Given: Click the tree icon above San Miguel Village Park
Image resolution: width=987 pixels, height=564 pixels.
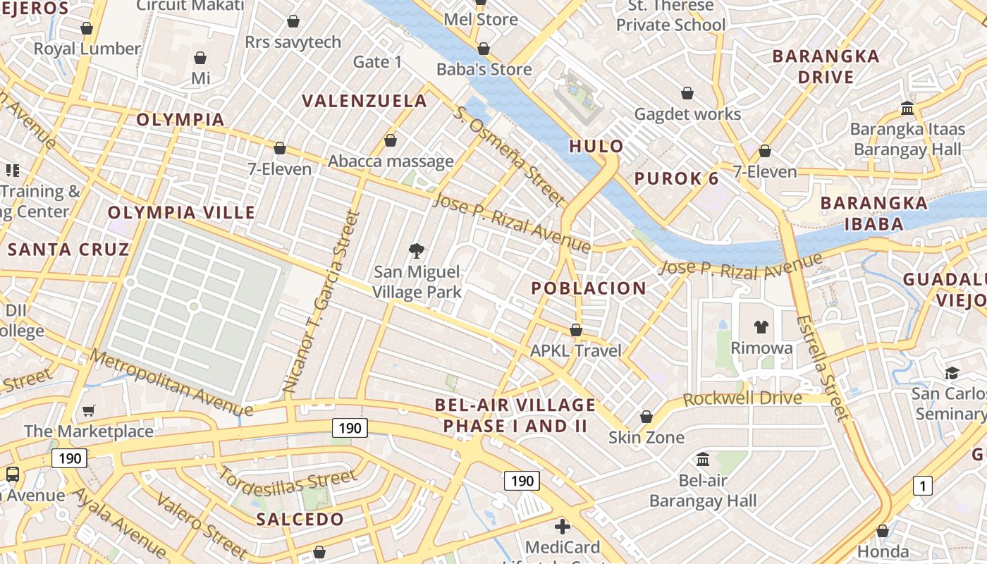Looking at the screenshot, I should pyautogui.click(x=417, y=250).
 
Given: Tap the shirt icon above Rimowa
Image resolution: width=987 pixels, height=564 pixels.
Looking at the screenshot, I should pyautogui.click(x=761, y=326).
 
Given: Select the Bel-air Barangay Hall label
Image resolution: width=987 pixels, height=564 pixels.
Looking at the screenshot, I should pyautogui.click(x=703, y=491).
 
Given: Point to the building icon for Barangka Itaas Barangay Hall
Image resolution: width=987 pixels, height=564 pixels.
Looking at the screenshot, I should pyautogui.click(x=907, y=109).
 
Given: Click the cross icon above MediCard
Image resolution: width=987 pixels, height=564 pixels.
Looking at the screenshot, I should pyautogui.click(x=562, y=526).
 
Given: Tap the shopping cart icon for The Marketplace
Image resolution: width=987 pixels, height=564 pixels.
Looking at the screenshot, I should pyautogui.click(x=89, y=410).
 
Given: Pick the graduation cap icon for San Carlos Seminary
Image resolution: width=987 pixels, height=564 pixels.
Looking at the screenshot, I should pyautogui.click(x=952, y=373).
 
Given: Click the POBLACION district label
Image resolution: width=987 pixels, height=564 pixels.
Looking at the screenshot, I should pyautogui.click(x=578, y=288).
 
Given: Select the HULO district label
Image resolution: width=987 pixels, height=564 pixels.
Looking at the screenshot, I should pyautogui.click(x=596, y=147).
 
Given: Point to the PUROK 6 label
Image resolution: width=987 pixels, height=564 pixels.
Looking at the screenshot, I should pyautogui.click(x=676, y=178).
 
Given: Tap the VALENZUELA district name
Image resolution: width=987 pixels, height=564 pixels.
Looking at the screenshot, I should pyautogui.click(x=364, y=101).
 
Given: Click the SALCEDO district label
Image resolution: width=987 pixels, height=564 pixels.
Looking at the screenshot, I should pyautogui.click(x=300, y=520).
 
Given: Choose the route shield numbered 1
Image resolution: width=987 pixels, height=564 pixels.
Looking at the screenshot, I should pyautogui.click(x=922, y=485).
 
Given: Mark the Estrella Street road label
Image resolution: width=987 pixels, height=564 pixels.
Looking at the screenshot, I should pyautogui.click(x=822, y=367).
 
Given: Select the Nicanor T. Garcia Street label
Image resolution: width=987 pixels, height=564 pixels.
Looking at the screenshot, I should pyautogui.click(x=321, y=302).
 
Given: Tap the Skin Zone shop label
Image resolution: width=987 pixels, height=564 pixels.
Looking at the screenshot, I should pyautogui.click(x=646, y=438).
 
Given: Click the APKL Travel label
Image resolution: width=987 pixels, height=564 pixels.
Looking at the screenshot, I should pyautogui.click(x=575, y=350).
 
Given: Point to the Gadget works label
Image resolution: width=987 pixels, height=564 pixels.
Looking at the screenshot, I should pyautogui.click(x=687, y=114).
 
